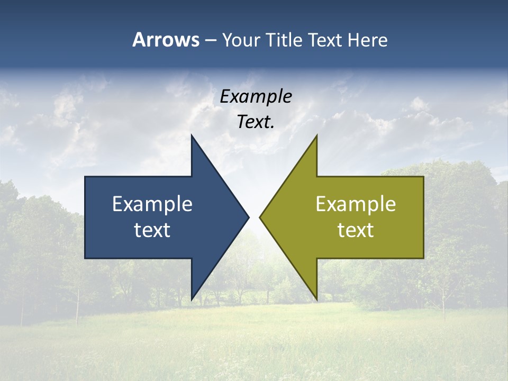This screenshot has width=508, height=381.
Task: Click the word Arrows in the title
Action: [166, 40]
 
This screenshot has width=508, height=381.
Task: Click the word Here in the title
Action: [367, 40]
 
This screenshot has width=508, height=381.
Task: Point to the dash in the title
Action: [210, 41]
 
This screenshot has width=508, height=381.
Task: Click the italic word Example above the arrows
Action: [256, 97]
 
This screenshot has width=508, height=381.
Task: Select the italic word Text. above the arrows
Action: [256, 122]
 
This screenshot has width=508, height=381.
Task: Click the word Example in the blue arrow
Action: [152, 204]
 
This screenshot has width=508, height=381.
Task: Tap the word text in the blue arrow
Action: [152, 230]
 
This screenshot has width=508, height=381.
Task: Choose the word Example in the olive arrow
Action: [356, 204]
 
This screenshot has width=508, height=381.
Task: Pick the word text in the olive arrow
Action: [356, 230]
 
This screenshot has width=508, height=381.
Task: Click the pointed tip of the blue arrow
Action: [248, 217]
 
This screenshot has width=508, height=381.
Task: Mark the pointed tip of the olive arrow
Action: [260, 217]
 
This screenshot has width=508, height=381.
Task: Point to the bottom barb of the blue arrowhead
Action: [192, 300]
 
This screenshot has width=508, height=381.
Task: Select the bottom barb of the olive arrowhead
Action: [316, 300]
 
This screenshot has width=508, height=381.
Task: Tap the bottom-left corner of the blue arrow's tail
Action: [86, 258]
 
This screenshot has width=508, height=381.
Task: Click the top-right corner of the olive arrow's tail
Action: [423, 177]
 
